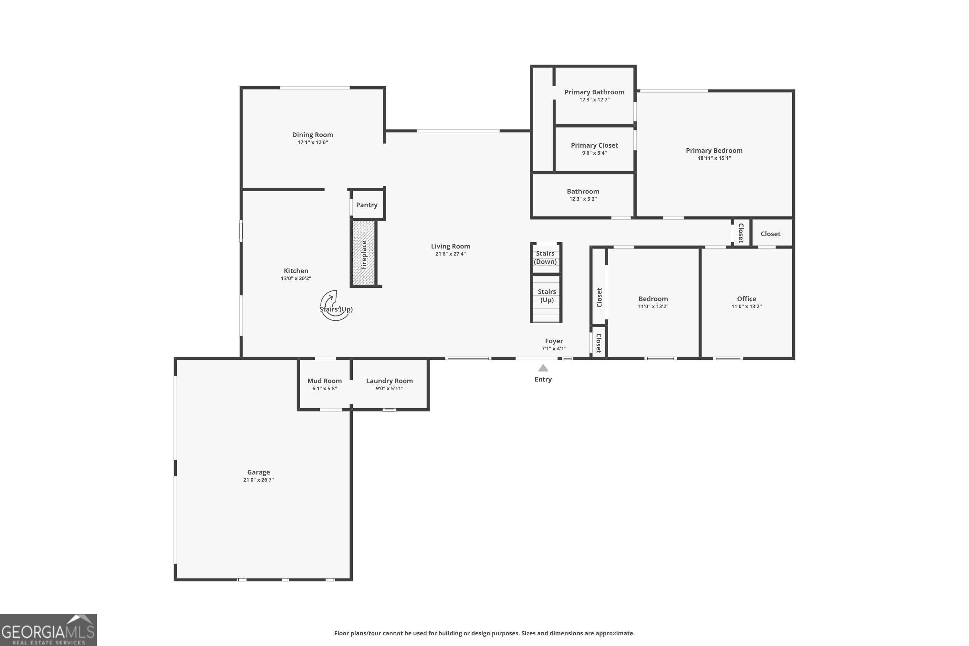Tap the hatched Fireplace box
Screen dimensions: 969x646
point(363,253)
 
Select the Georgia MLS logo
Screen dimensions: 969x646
point(48,630)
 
